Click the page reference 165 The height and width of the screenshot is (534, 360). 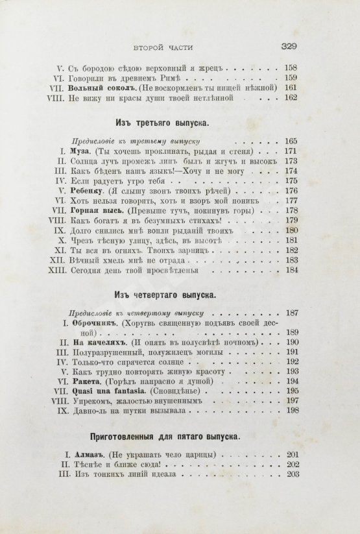[x=289, y=140]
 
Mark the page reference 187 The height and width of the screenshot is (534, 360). [x=289, y=313]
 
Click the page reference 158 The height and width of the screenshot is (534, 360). [x=289, y=66]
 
